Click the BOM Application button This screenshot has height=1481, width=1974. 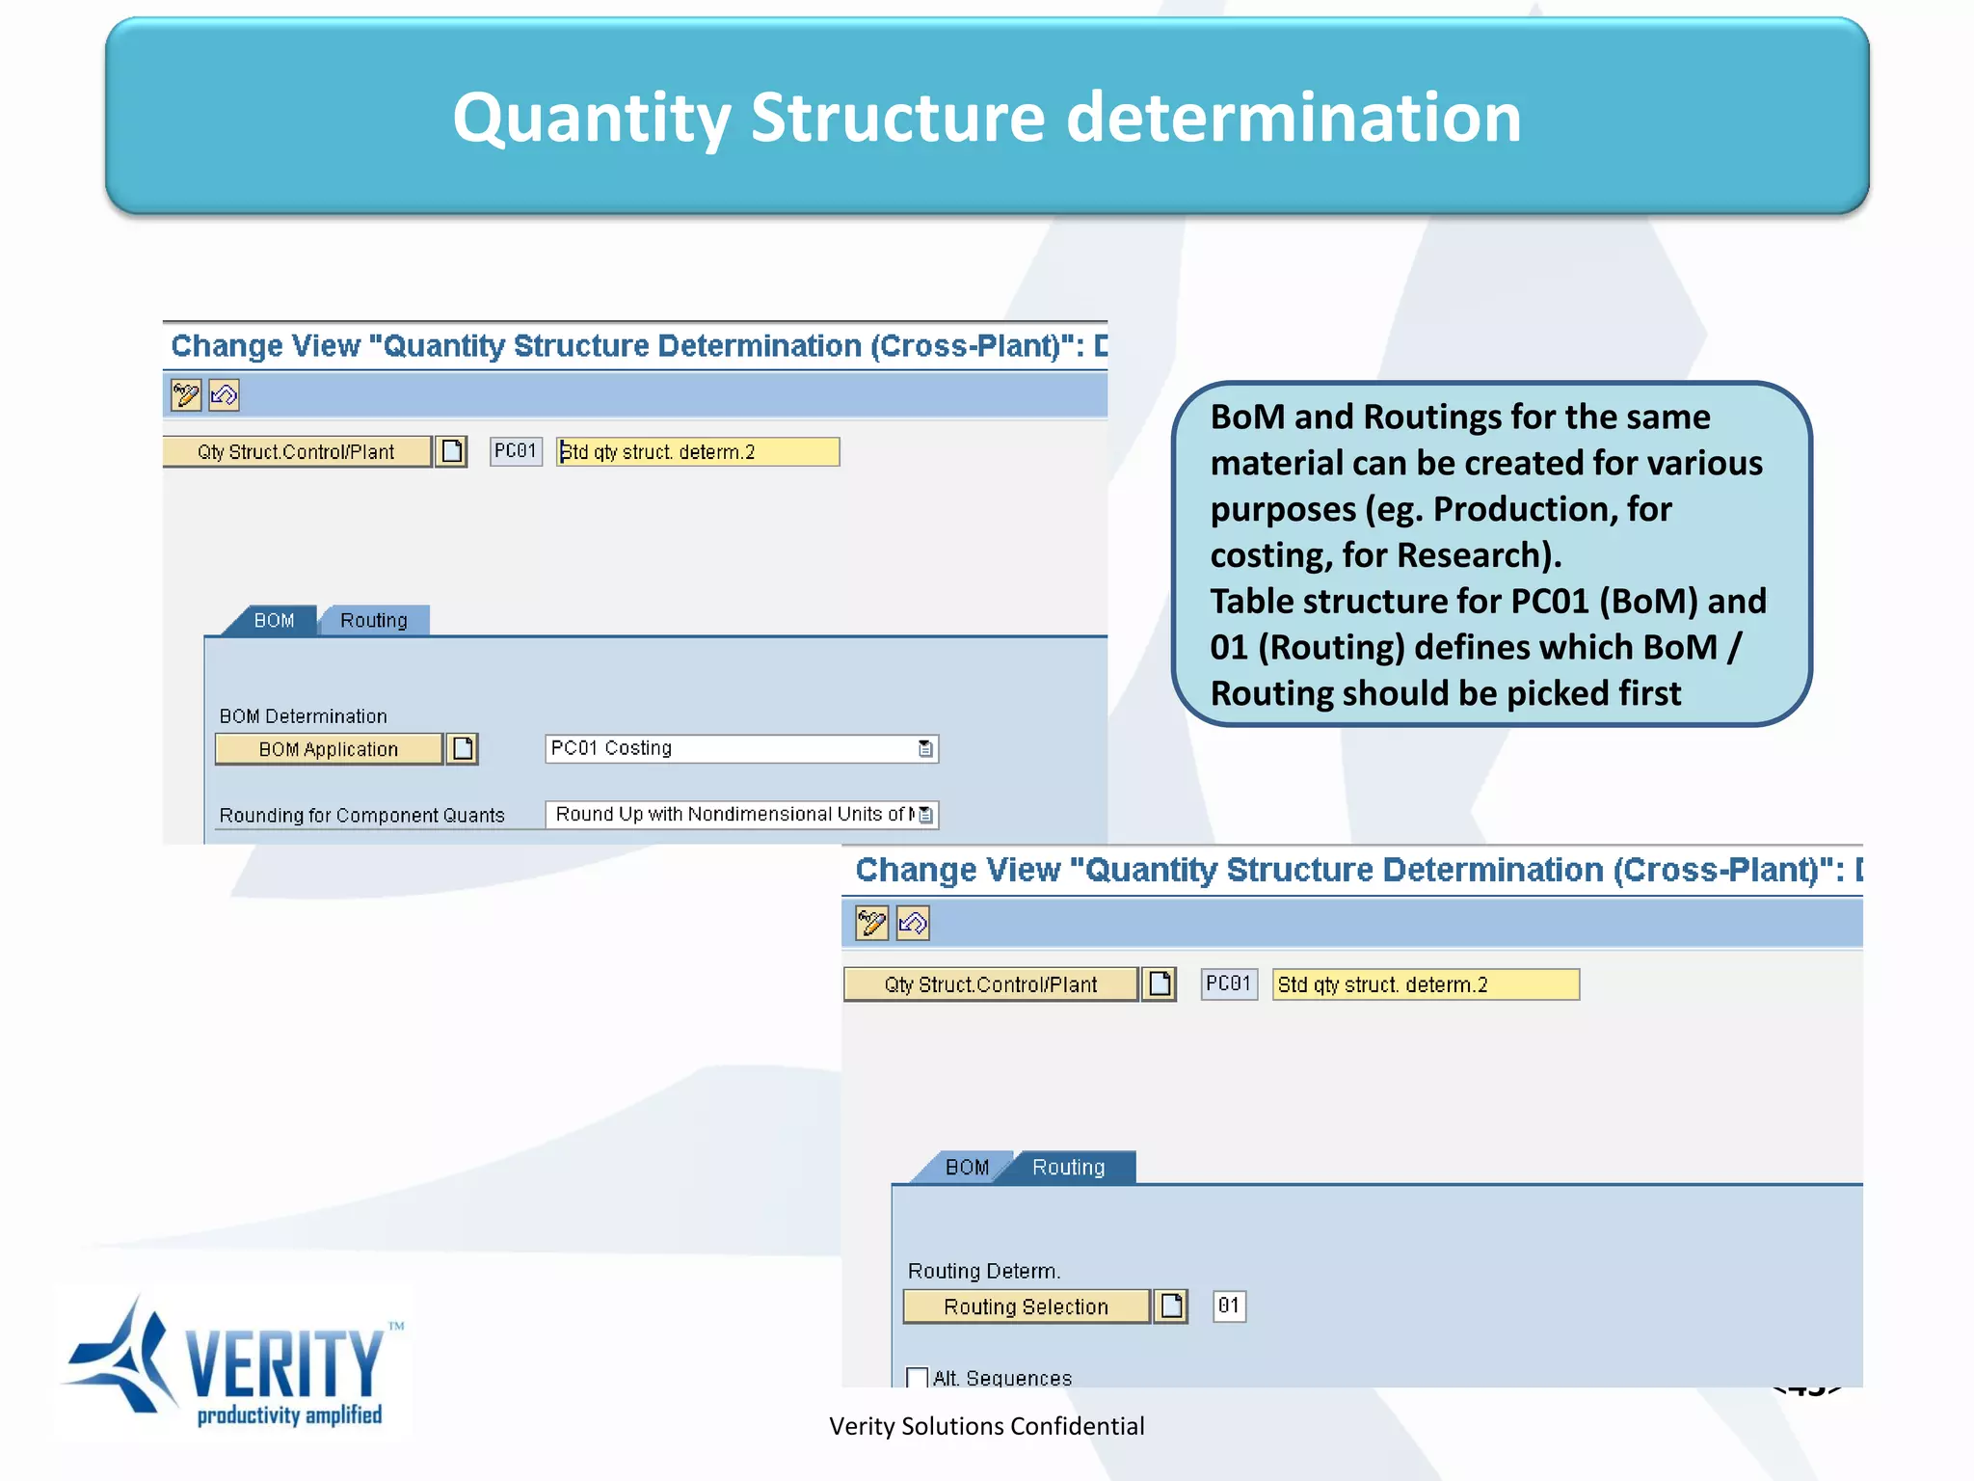point(328,749)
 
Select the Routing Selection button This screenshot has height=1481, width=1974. point(1026,1306)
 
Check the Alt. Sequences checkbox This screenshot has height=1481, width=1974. point(917,1378)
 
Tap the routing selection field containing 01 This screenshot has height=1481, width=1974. point(1228,1306)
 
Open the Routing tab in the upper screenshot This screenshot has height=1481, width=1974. point(374,620)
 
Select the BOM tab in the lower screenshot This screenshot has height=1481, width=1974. point(966,1167)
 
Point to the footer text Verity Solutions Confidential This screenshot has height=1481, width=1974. point(986,1426)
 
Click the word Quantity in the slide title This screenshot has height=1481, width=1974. point(591,118)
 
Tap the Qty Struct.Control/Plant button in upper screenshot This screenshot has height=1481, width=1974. point(295,451)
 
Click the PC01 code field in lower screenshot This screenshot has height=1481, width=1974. point(1228,983)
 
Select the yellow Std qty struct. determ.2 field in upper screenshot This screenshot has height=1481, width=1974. point(698,451)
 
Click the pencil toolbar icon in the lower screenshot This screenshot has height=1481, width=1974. point(871,923)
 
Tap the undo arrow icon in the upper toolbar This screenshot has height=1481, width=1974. point(224,394)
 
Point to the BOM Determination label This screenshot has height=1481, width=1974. point(303,716)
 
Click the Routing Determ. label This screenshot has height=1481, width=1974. point(983,1271)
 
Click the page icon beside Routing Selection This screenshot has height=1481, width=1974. point(1171,1306)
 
